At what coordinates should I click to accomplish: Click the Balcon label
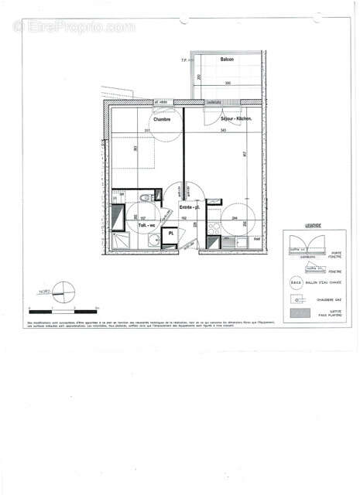pyautogui.click(x=227, y=60)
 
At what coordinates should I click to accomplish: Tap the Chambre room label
pyautogui.click(x=162, y=119)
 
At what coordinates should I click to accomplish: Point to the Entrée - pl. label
pyautogui.click(x=190, y=207)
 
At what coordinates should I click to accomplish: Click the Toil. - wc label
pyautogui.click(x=146, y=227)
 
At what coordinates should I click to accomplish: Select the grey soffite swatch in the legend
pyautogui.click(x=297, y=313)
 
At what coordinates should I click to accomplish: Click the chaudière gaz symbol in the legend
pyautogui.click(x=294, y=299)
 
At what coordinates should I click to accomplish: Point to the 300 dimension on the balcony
pyautogui.click(x=228, y=82)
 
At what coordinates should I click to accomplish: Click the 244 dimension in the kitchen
pyautogui.click(x=234, y=218)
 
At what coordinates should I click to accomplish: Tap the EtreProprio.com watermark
pyautogui.click(x=74, y=27)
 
